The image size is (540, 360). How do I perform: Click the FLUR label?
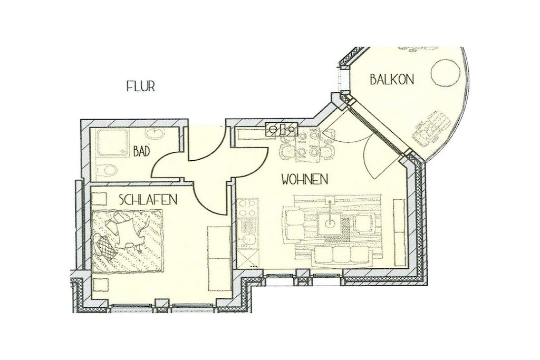coord(140,86)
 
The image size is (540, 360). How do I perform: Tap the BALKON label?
coord(392,80)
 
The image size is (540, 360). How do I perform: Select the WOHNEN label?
coord(304,179)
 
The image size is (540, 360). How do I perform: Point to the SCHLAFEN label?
coord(148,199)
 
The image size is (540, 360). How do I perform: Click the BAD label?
coord(141,151)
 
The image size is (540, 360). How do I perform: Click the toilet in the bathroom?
coord(105,170)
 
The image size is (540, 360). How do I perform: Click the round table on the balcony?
coord(445,73)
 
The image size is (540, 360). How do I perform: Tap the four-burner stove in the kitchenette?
coord(248,208)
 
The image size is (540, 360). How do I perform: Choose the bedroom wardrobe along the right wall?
coord(219,258)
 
